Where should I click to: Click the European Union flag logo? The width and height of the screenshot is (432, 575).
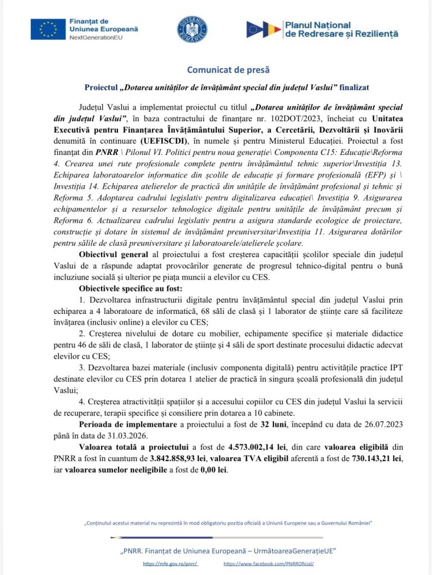coord(48,29)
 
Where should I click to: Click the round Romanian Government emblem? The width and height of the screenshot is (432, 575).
coord(192,30)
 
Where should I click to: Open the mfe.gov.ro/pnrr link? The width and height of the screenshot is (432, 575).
coord(170,563)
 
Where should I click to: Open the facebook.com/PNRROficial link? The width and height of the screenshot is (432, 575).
coord(268,563)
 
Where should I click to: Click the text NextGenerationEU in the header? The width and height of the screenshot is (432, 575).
coord(94,36)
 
